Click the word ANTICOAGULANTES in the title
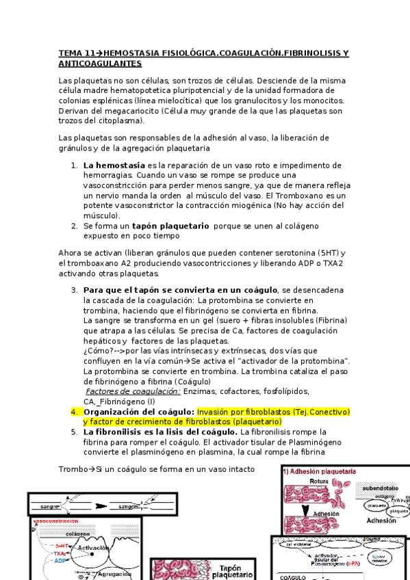[100, 63]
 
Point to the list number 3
[75, 290]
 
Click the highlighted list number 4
[75, 412]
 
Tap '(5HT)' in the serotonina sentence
[327, 252]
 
